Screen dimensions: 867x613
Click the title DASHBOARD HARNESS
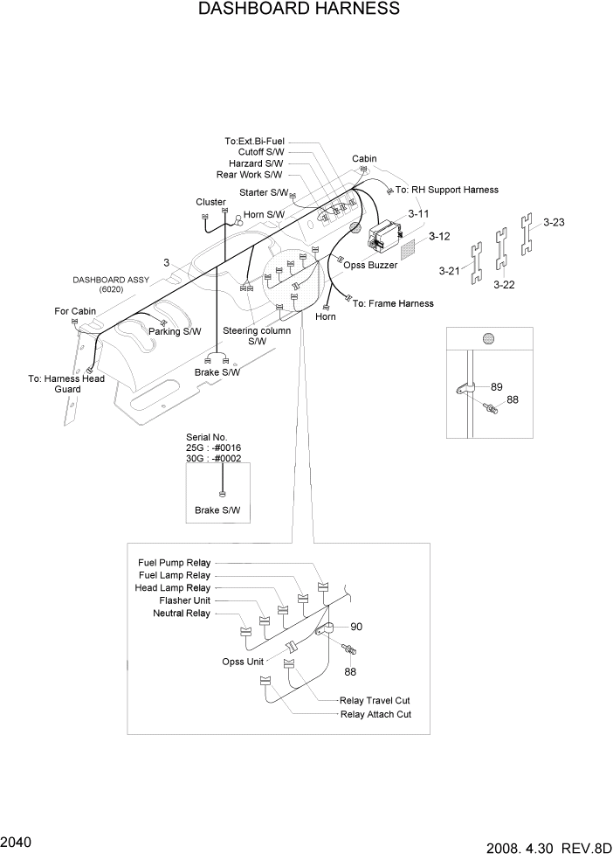pos(300,10)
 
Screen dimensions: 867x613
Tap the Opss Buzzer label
pos(370,265)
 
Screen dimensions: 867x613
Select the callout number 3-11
pos(418,212)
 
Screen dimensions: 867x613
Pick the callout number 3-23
pos(554,222)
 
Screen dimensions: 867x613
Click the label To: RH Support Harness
pos(446,190)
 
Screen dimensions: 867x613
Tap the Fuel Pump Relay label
pos(174,562)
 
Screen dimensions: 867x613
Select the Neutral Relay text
pos(182,614)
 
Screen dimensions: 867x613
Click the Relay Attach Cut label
pos(375,714)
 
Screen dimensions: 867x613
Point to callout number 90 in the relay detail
pos(356,627)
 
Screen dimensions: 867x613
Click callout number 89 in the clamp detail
pos(497,386)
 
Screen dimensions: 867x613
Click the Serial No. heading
pos(207,436)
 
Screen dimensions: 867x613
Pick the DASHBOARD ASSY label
pos(110,280)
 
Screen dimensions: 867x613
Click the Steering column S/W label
pos(256,336)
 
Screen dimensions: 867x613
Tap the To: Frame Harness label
pos(393,303)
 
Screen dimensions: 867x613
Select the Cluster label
pos(210,202)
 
